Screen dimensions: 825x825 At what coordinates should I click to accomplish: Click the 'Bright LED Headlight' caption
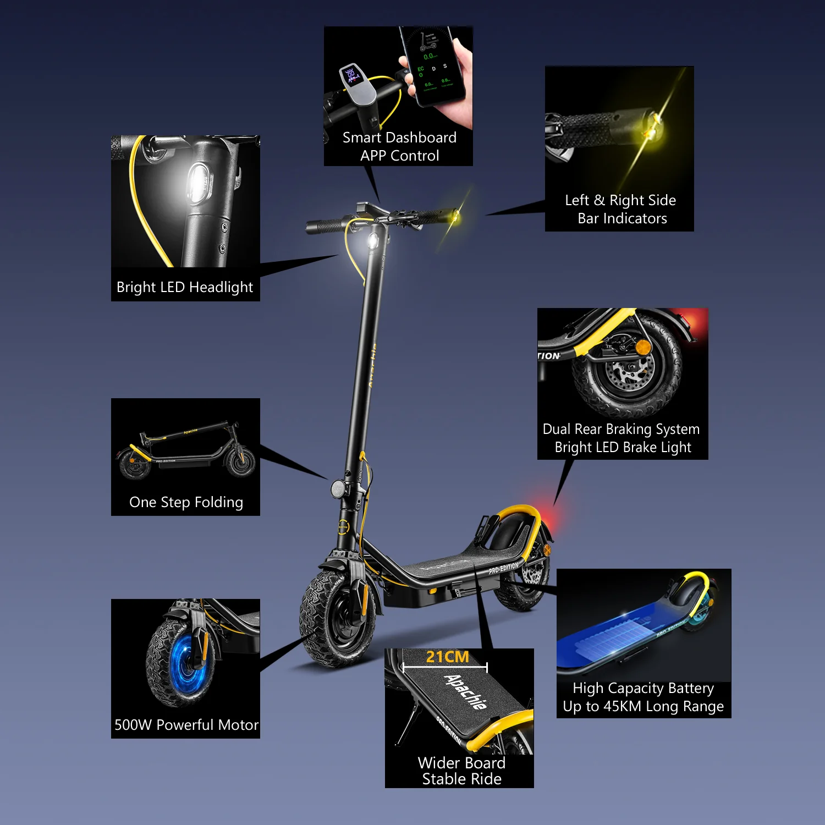click(x=185, y=287)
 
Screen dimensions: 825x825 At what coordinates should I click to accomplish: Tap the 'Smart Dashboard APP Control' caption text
click(x=400, y=146)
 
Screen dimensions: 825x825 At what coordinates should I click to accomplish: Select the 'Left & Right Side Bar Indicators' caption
click(x=621, y=209)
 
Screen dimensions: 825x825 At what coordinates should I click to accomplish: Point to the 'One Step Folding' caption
click(x=186, y=502)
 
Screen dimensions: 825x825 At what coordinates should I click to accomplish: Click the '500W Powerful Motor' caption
click(x=186, y=725)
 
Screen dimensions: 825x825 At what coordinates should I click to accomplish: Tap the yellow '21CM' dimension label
click(x=447, y=657)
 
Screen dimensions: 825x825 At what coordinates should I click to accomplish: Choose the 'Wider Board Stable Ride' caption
click(x=461, y=771)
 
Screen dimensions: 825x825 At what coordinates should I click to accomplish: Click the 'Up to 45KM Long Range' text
click(x=643, y=706)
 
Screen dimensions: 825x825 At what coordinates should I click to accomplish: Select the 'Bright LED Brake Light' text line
click(x=623, y=447)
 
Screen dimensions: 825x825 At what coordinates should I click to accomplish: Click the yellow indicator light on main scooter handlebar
click(x=455, y=216)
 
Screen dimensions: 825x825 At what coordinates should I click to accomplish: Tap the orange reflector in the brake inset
click(x=642, y=348)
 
